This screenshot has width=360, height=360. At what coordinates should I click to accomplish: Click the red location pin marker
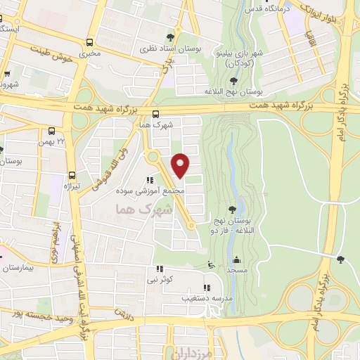[x=181, y=165]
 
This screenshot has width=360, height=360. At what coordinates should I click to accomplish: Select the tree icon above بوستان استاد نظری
[x=169, y=37]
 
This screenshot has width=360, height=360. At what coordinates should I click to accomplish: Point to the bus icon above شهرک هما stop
[x=155, y=114]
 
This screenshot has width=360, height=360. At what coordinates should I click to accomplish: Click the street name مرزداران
[x=185, y=352]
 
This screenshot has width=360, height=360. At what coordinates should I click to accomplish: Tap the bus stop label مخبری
[x=89, y=53]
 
